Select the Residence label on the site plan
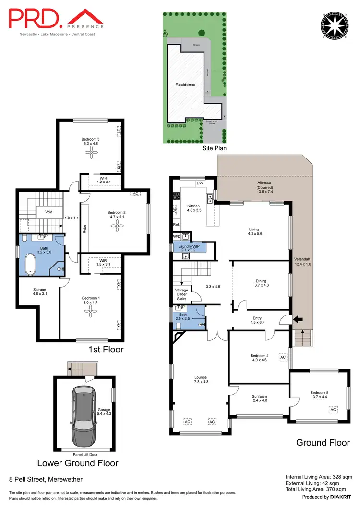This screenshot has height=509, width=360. coord(185,85)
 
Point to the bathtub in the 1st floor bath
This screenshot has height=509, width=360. coord(30,264)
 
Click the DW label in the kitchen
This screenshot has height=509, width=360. coord(200,183)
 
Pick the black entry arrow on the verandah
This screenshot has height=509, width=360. coord(299,318)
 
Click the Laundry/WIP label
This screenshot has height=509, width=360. coord(191,247)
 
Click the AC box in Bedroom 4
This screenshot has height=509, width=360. coord(283,357)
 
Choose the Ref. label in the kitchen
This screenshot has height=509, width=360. coord(176,225)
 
